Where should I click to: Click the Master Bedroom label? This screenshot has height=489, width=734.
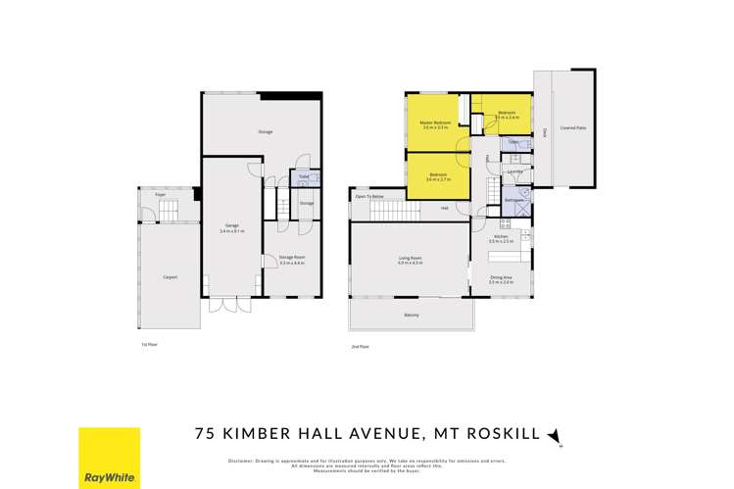tap(435, 122)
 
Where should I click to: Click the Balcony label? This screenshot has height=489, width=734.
tap(412, 316)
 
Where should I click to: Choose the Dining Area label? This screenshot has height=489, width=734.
tap(501, 278)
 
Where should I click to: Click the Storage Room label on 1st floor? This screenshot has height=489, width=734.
tap(292, 259)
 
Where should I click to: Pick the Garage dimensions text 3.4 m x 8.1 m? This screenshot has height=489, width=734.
tap(232, 230)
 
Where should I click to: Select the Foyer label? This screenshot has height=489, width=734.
tap(159, 195)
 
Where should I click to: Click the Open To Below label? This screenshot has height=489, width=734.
tap(368, 197)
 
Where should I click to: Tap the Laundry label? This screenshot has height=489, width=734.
tap(514, 171)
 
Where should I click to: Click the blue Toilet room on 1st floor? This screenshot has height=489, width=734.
tap(303, 179)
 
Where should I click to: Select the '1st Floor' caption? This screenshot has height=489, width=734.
tap(149, 345)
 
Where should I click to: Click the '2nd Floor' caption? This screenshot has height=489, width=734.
tap(360, 346)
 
